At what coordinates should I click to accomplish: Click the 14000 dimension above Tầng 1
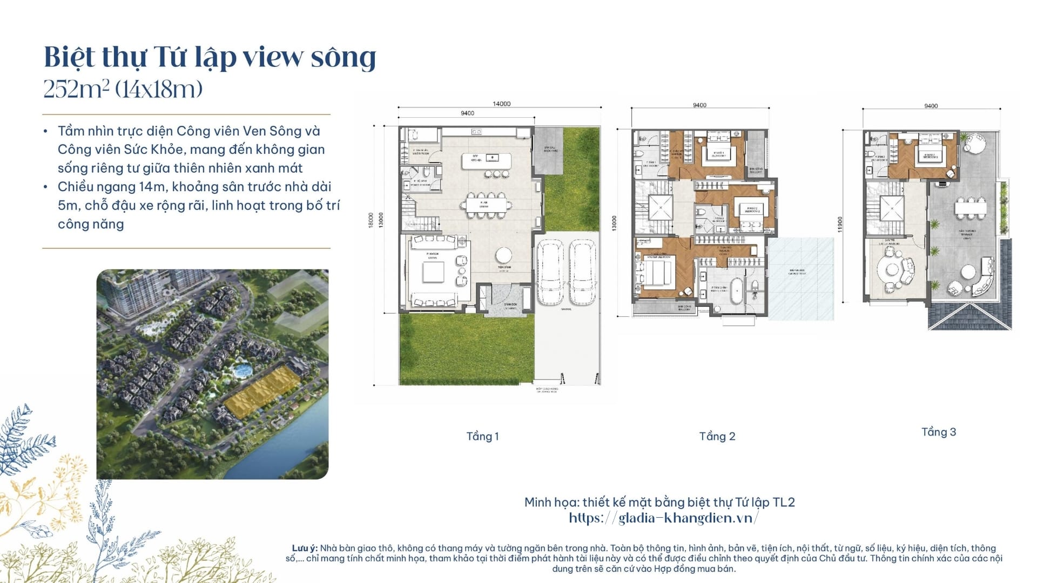click(x=501, y=104)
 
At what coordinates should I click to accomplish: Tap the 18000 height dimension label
click(x=371, y=219)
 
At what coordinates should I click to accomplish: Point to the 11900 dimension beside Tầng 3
click(x=840, y=225)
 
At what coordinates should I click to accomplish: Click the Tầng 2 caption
click(x=717, y=436)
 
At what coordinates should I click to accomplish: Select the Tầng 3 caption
click(x=938, y=432)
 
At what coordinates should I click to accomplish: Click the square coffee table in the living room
click(x=433, y=272)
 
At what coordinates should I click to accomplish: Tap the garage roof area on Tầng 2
click(x=800, y=277)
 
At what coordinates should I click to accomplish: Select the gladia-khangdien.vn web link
click(x=663, y=518)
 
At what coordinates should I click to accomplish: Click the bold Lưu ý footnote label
click(x=304, y=548)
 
